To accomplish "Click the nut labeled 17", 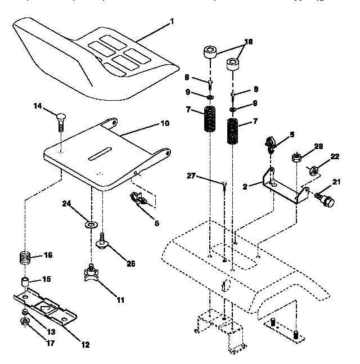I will [x=25, y=322].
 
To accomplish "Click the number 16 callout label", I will [x=48, y=255].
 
